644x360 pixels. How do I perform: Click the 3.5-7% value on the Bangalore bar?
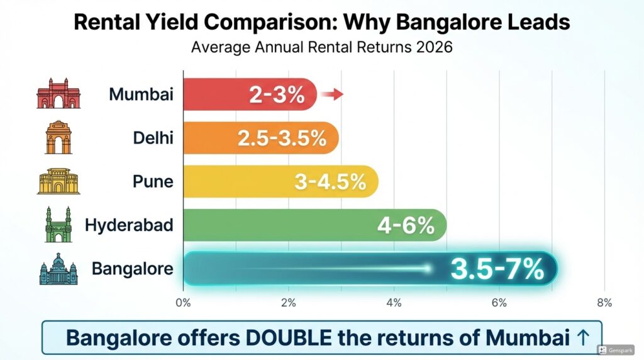pyautogui.click(x=497, y=269)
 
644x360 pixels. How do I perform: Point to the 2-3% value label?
pyautogui.click(x=277, y=95)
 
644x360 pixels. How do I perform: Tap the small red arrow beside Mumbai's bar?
pyautogui.click(x=331, y=95)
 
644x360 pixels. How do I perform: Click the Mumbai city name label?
pyautogui.click(x=141, y=95)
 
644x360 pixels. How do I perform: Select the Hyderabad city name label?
pyautogui.click(x=129, y=225)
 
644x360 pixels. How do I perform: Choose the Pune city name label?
pyautogui.click(x=153, y=182)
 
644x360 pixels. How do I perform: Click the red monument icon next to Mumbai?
pyautogui.click(x=58, y=94)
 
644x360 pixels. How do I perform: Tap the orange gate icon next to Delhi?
pyautogui.click(x=58, y=138)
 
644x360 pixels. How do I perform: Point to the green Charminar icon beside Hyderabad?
pyautogui.click(x=58, y=225)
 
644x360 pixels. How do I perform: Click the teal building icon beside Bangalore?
pyautogui.click(x=58, y=269)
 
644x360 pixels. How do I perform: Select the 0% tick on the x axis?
pyautogui.click(x=183, y=303)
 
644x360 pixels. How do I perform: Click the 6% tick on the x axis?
pyautogui.click(x=499, y=303)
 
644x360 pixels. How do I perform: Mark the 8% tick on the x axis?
pyautogui.click(x=604, y=303)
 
